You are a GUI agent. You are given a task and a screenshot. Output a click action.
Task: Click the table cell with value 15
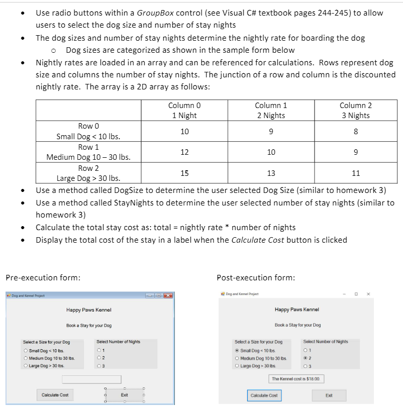coord(184,173)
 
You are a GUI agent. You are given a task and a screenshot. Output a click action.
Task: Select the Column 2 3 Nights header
coord(355,111)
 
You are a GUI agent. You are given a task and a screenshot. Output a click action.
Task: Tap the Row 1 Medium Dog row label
coord(88,152)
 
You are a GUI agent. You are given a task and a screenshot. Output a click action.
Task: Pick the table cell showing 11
coord(355,173)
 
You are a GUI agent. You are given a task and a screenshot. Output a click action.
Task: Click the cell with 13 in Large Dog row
coord(271,173)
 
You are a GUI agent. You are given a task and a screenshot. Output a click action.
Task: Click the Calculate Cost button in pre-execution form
coord(55,395)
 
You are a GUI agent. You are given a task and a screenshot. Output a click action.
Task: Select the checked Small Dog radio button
coord(237,350)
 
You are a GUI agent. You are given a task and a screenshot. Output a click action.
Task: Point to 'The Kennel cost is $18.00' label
coord(297,378)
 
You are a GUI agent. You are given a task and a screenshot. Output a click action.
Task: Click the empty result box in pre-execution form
coord(91,379)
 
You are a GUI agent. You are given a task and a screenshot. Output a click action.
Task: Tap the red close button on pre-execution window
coord(167,295)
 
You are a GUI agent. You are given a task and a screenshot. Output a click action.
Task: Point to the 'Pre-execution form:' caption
coord(43,277)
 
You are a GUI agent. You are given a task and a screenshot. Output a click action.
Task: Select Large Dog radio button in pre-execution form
coord(26,365)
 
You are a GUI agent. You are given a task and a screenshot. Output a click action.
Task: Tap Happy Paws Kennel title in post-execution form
coord(297,310)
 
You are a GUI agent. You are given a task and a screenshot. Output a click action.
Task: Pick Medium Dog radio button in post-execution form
coord(237,358)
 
